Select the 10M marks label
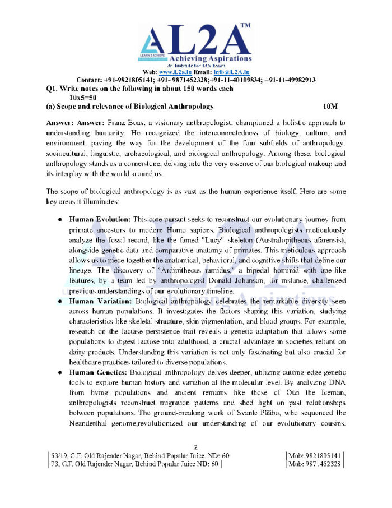click(330, 105)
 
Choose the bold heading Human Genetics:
click(99, 372)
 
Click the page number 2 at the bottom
click(195, 447)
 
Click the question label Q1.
click(53, 89)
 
